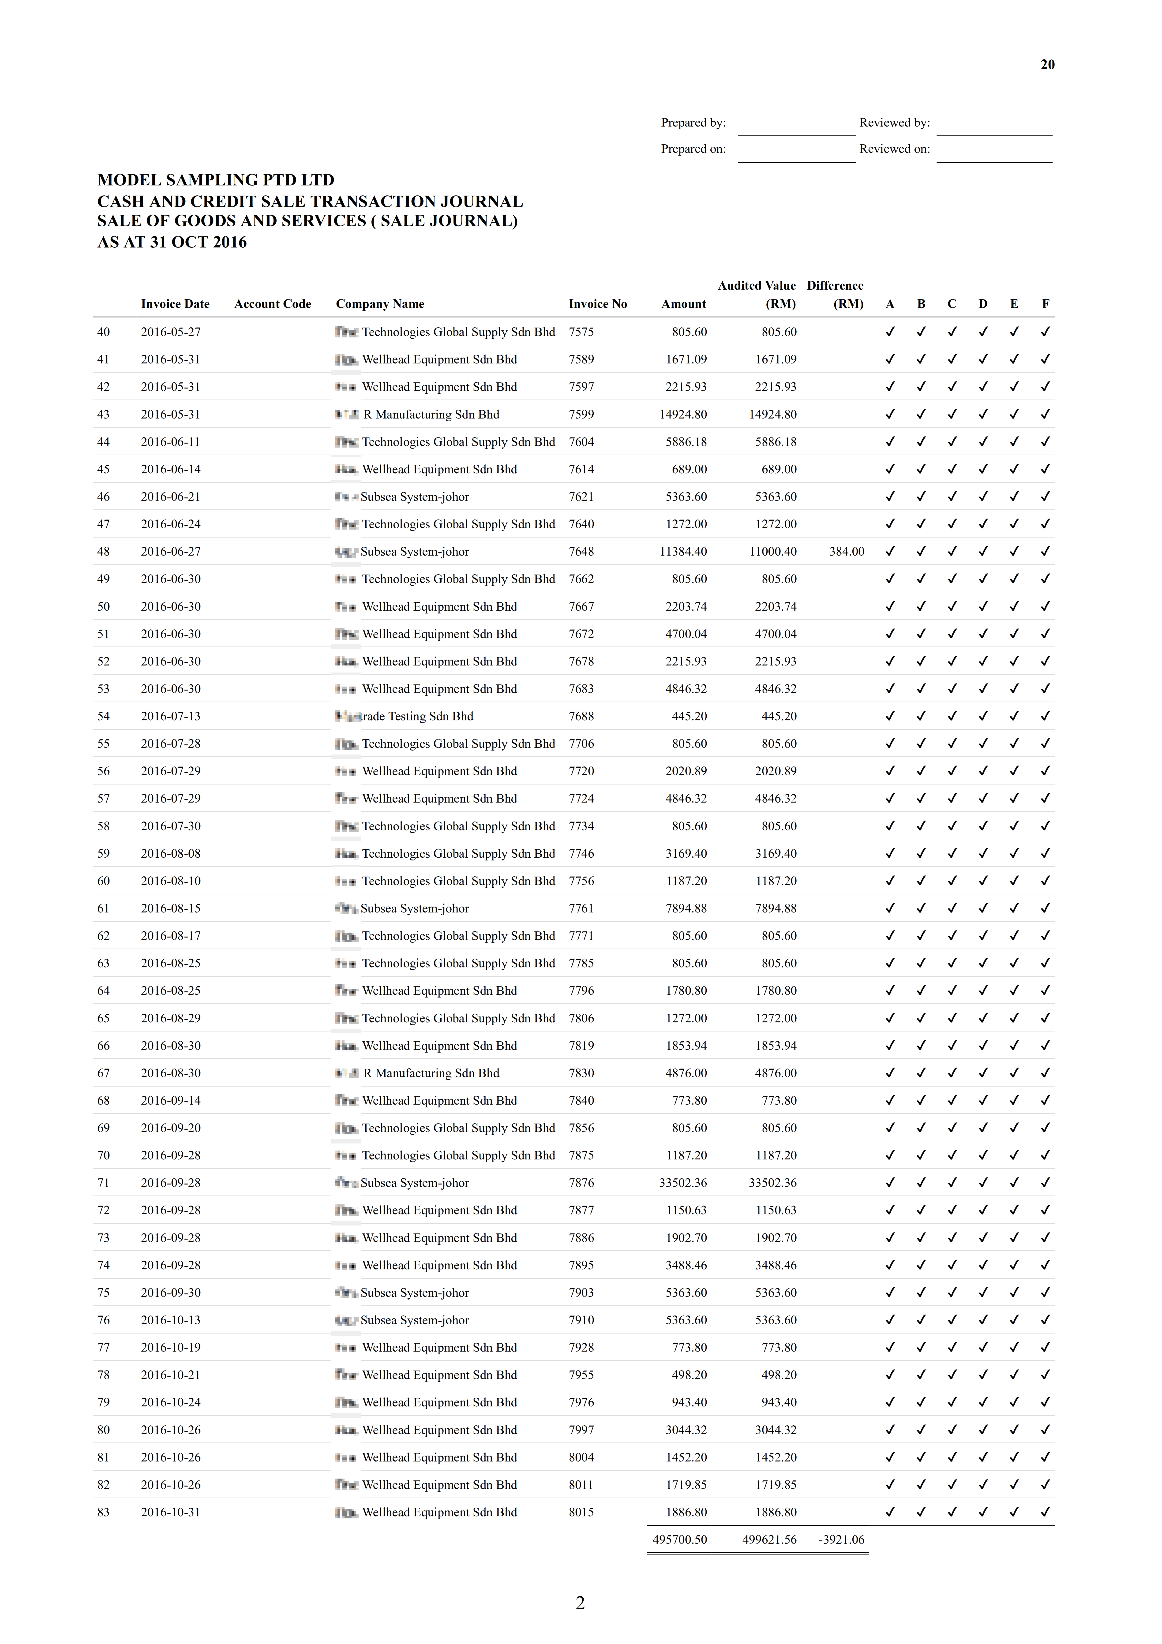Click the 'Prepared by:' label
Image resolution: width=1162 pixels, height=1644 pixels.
tap(693, 123)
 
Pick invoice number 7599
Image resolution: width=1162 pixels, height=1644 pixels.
tap(581, 414)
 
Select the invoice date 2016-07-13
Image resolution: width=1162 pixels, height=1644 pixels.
tap(170, 716)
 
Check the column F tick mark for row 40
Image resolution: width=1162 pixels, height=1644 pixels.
tap(1045, 332)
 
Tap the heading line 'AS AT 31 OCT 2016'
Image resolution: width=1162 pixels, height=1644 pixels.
tap(172, 242)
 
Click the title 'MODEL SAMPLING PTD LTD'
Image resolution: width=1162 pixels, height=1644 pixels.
tap(216, 180)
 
